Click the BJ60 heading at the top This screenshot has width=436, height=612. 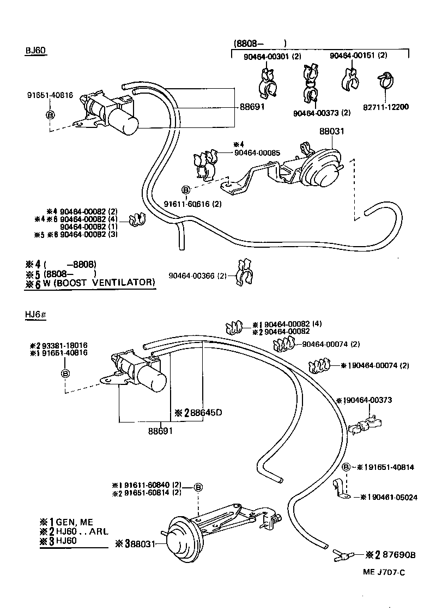pos(36,51)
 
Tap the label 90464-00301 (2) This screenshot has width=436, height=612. pos(273,56)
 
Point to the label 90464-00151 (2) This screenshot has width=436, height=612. pos(358,56)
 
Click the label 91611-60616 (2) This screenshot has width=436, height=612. pos(193,204)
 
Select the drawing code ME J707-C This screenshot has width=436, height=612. pos(385,572)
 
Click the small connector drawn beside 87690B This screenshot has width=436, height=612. pos(342,555)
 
